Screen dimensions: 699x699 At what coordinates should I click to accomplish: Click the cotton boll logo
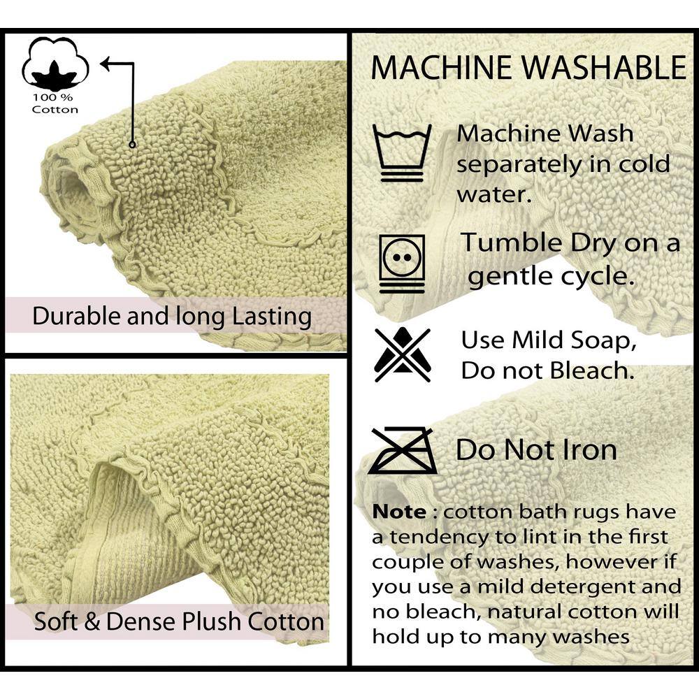click(55, 64)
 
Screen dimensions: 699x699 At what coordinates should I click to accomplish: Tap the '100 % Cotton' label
click(55, 103)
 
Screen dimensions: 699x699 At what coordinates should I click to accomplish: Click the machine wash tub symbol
click(402, 152)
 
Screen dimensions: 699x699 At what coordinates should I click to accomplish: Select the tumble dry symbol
click(402, 264)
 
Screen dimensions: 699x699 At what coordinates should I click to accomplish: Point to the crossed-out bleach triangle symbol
click(403, 354)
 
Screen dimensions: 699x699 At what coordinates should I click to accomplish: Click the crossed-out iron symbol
click(403, 451)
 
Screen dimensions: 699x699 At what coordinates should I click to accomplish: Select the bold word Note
click(399, 512)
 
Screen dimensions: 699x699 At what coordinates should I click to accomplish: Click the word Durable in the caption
click(77, 316)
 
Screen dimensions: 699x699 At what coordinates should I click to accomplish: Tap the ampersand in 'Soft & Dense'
click(92, 622)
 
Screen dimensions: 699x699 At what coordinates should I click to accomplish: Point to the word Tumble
click(512, 243)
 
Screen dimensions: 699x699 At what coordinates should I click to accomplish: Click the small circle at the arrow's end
click(132, 144)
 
